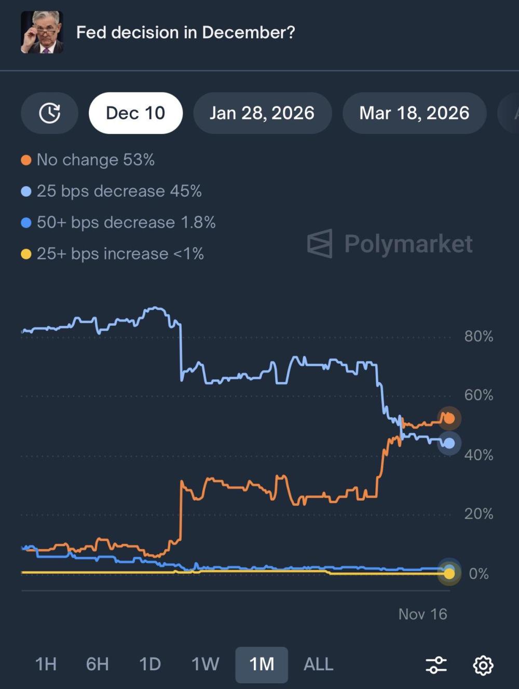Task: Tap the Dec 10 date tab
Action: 135,113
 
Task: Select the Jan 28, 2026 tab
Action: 262,113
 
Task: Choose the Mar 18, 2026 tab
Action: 414,113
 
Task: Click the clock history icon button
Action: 50,113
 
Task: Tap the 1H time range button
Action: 46,664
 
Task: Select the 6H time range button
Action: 97,664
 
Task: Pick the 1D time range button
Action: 150,664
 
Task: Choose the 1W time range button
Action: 205,664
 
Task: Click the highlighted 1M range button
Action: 262,664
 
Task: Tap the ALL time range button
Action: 318,664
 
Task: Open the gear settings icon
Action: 483,665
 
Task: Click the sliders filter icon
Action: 436,665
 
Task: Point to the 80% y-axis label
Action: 479,336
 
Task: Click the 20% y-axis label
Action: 479,514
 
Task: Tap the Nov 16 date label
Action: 422,614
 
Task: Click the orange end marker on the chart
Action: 449,418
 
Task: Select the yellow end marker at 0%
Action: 449,573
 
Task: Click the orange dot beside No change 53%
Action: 26,160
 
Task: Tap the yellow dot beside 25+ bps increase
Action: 26,254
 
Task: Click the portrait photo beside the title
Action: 42,32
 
